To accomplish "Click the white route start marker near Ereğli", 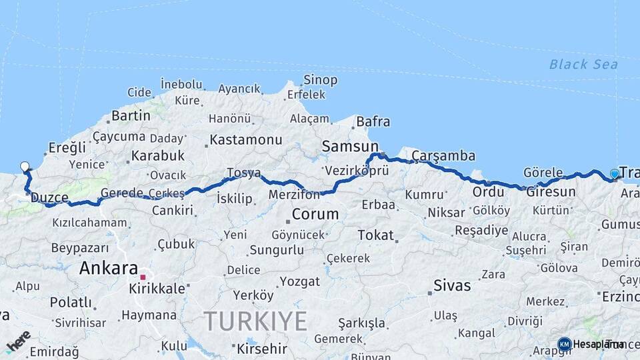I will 25,167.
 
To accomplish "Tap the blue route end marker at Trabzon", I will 614,174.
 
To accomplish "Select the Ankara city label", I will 109,269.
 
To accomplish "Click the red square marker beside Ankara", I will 142,276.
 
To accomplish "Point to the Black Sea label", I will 583,65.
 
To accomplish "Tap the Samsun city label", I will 350,146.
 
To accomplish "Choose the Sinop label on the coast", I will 320,80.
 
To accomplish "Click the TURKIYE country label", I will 255,321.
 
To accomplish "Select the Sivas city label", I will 452,285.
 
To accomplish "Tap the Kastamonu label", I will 246,140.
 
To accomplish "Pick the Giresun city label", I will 551,192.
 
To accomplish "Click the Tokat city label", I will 376,235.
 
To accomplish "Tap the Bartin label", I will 131,116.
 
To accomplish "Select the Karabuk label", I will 158,155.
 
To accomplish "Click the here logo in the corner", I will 18,341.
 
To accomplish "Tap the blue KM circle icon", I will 565,344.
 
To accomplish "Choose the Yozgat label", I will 299,281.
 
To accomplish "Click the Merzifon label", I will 294,195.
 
